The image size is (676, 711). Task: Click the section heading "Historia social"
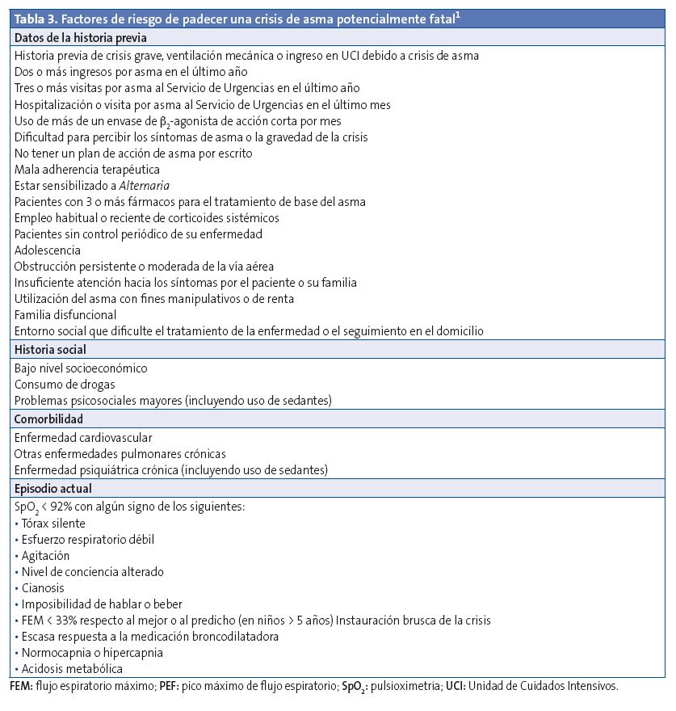pos(50,350)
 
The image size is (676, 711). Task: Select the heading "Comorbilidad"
pos(48,419)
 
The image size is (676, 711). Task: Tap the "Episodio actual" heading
pos(52,489)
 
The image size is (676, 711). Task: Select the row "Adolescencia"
pos(47,250)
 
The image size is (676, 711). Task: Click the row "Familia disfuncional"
pos(65,315)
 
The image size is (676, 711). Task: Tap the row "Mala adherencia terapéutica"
pos(87,170)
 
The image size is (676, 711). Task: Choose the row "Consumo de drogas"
pos(65,385)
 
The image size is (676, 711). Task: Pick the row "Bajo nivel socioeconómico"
pos(81,368)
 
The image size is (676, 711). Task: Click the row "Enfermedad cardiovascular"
pos(83,438)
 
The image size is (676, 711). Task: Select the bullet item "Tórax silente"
pos(53,524)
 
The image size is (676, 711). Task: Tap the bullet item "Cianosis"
pos(43,588)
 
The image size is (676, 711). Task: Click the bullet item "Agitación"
pos(46,556)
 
